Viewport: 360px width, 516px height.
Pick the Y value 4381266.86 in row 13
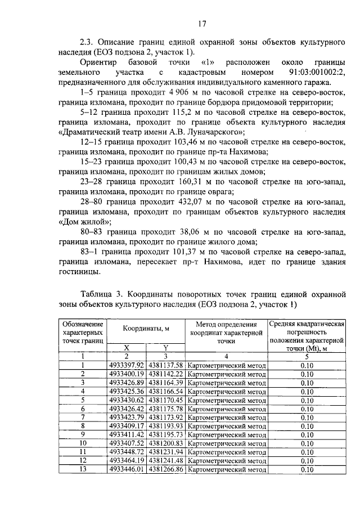(x=166, y=469)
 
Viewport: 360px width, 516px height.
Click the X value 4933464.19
(x=127, y=460)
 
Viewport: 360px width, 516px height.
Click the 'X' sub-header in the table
(x=127, y=347)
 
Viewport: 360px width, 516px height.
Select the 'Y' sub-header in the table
(x=166, y=347)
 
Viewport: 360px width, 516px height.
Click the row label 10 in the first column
(x=82, y=443)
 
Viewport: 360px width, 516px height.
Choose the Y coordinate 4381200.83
(x=166, y=443)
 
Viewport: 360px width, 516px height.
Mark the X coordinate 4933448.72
(x=127, y=451)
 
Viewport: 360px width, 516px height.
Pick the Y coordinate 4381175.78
(x=166, y=408)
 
